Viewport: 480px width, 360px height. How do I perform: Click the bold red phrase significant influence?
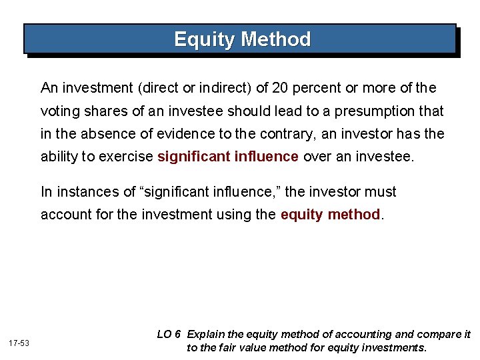[228, 157]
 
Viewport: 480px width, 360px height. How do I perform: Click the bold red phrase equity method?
[330, 215]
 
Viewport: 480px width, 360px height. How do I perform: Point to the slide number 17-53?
[19, 342]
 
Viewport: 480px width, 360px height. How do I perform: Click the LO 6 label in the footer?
[169, 334]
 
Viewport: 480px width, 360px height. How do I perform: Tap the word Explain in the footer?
[207, 334]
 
